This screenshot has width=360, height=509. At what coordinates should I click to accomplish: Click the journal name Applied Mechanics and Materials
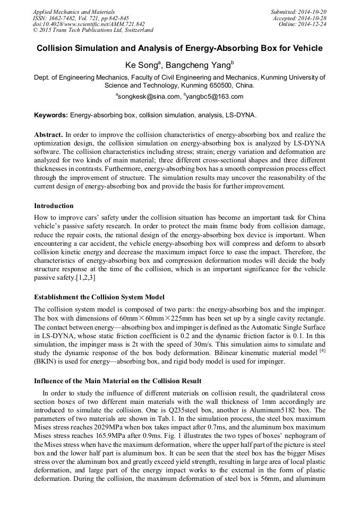point(74,11)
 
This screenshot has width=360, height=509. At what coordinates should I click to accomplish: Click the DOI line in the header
point(89,24)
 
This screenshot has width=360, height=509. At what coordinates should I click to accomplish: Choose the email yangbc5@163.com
point(215,97)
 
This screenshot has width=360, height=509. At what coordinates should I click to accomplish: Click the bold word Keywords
point(51,115)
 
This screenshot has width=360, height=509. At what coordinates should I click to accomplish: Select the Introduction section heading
point(54,205)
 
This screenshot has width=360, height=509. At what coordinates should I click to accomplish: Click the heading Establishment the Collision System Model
point(99,297)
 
